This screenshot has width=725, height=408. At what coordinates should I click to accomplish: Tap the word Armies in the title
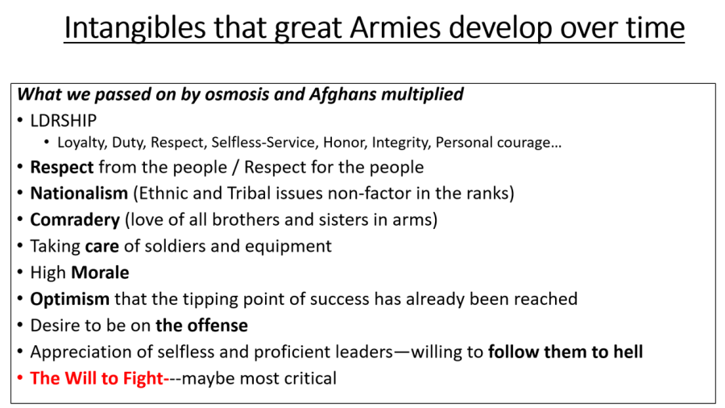[x=396, y=27]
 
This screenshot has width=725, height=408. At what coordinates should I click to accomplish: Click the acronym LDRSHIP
[x=64, y=121]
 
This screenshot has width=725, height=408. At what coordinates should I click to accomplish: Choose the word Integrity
[x=401, y=143]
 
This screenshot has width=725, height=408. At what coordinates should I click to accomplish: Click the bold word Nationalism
[x=79, y=193]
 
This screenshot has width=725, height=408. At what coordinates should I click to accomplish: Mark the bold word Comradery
[x=75, y=220]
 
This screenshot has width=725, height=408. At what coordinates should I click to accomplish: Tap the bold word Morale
[x=100, y=273]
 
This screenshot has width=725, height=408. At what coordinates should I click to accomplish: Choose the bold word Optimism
[x=70, y=299]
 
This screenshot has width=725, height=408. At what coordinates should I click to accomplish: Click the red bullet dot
[x=20, y=378]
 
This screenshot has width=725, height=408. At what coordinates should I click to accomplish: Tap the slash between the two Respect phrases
[x=236, y=168]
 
